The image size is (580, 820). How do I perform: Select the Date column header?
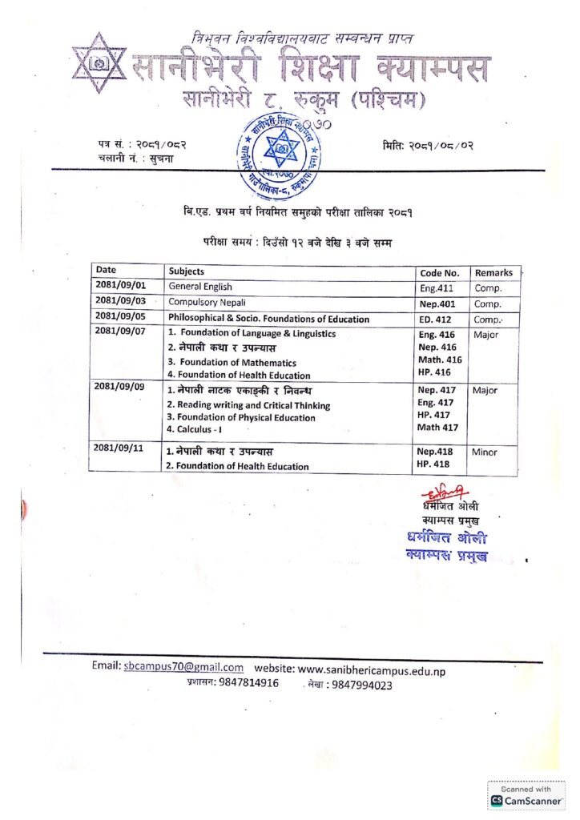point(107,271)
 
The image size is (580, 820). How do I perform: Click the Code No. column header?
point(440,272)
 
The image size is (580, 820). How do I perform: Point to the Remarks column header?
point(493,272)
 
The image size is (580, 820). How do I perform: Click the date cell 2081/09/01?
point(119,286)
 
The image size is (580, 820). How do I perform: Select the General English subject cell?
point(200,287)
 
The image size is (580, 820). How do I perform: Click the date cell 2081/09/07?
point(119,332)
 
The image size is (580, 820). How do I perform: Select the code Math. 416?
point(440,360)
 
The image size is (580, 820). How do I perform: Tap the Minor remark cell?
point(484,452)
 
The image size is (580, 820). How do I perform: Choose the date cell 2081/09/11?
point(119,448)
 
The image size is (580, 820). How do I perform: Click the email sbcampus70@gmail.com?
point(183,667)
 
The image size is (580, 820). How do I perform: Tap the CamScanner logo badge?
point(526,795)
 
